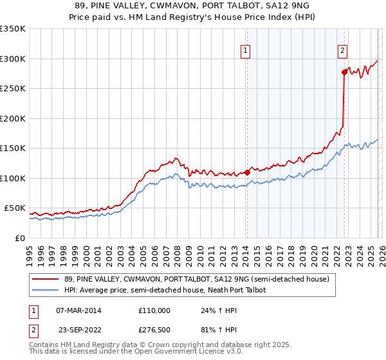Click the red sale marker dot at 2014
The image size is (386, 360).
point(247,172)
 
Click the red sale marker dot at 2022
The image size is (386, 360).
point(344,73)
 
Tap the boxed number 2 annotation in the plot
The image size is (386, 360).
point(343,50)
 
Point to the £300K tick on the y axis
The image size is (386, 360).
point(13,59)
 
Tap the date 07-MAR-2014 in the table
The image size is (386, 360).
point(78,310)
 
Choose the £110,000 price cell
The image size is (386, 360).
point(154,310)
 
